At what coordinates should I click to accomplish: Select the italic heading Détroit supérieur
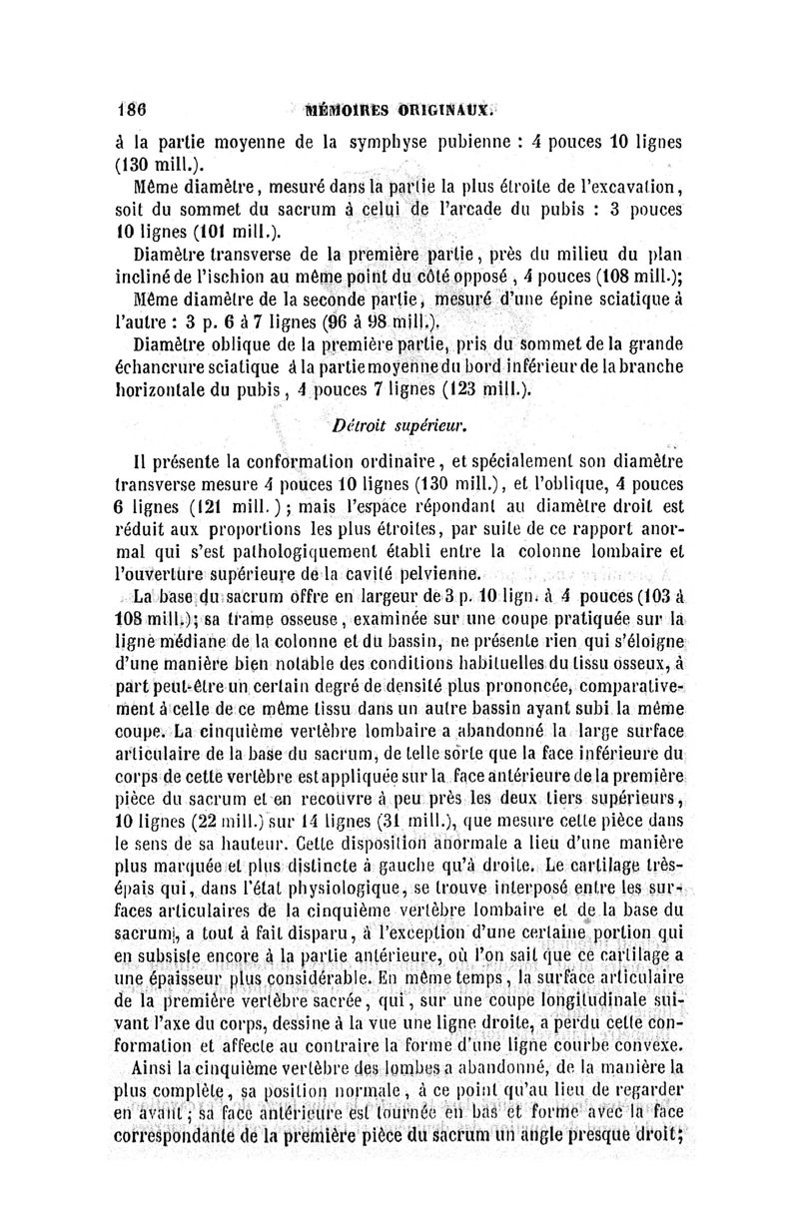[x=399, y=428]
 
